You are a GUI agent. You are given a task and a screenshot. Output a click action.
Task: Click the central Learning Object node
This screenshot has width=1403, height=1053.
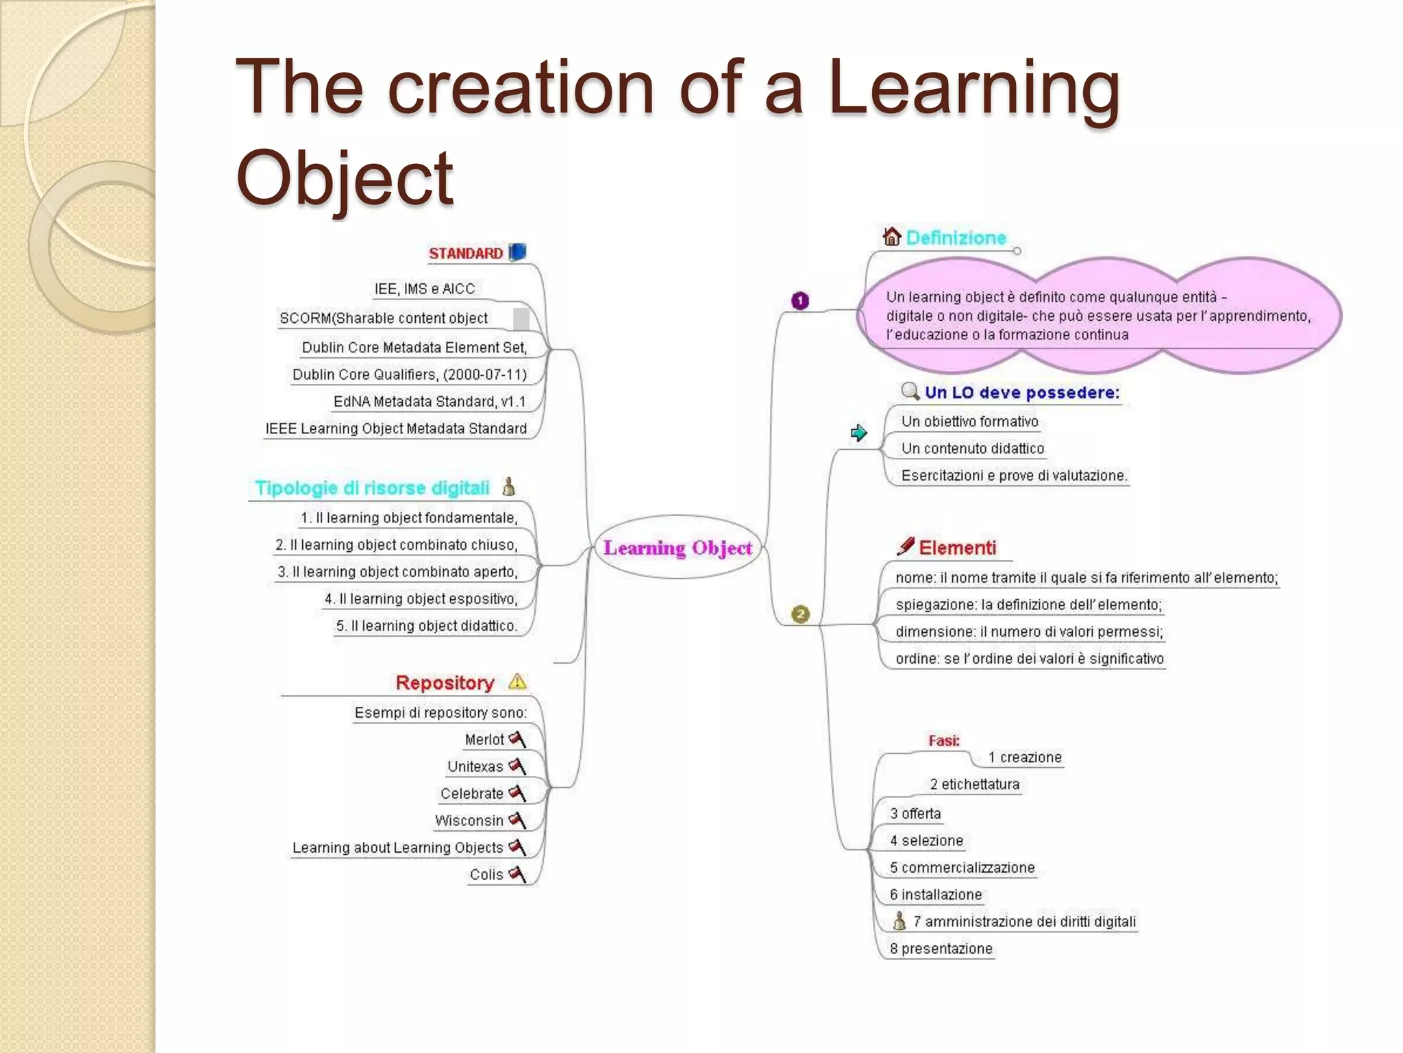[x=678, y=548]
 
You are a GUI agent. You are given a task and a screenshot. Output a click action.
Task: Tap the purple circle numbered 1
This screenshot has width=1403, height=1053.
[x=799, y=300]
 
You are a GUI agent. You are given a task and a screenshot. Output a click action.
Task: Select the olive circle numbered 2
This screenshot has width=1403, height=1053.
[x=800, y=614]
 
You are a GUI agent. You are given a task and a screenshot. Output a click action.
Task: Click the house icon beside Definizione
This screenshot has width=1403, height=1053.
[x=891, y=237]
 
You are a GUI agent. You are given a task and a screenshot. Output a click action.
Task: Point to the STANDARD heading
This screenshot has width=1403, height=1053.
[x=466, y=254]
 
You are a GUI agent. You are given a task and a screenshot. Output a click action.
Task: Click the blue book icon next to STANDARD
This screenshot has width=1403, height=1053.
[x=518, y=252]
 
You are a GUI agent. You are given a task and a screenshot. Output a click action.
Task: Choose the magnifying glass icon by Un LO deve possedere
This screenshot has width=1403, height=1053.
[x=910, y=391]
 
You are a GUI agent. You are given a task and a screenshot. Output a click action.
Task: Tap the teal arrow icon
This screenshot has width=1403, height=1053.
[x=858, y=433]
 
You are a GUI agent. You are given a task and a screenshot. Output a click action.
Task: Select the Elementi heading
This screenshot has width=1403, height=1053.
[x=957, y=548]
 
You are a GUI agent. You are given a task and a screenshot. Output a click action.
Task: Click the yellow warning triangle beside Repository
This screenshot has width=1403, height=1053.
[x=517, y=681]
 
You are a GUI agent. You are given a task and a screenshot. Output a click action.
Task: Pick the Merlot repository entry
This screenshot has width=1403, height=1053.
[x=484, y=740]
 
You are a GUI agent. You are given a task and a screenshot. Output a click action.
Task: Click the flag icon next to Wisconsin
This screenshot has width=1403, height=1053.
[x=517, y=820]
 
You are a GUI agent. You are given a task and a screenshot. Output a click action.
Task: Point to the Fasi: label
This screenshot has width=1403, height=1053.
[x=943, y=740]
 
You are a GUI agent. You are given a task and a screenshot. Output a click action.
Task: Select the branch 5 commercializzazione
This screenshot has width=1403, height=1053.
[x=962, y=868]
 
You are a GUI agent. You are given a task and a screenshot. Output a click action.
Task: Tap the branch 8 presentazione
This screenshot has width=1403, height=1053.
[x=941, y=949]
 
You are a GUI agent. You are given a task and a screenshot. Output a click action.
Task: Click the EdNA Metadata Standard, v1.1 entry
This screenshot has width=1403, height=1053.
[x=430, y=402]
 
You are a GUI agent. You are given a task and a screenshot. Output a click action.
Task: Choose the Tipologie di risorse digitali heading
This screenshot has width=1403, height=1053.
[x=372, y=488]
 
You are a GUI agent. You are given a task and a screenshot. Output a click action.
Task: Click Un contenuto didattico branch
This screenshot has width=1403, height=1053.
[x=972, y=448]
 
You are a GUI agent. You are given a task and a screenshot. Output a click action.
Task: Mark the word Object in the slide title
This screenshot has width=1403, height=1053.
[x=344, y=178]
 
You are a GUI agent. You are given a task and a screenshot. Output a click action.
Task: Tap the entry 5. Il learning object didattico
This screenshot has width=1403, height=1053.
[x=426, y=626]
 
